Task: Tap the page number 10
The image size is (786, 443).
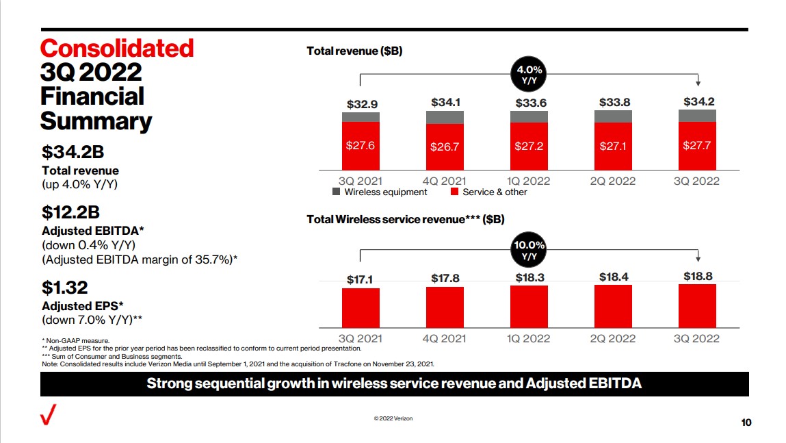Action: pos(746,422)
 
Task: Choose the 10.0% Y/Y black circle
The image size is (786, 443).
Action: pos(529,251)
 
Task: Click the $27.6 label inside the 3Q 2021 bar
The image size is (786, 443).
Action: pos(361,146)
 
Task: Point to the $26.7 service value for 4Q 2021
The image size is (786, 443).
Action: pos(445,147)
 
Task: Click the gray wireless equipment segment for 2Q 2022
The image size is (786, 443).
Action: pos(613,116)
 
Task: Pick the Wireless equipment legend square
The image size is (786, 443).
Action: pos(336,192)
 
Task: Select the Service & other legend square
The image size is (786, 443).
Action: pos(454,192)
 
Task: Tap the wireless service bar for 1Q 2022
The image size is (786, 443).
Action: pos(529,307)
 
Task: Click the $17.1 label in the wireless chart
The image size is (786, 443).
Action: pos(361,279)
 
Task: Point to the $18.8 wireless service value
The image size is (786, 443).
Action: pos(698,277)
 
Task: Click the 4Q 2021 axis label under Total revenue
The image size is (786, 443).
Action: pos(445,181)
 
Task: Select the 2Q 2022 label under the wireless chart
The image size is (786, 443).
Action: pos(613,338)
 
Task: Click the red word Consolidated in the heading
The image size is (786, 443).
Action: pos(117,49)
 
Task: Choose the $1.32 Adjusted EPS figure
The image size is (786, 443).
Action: pos(65,288)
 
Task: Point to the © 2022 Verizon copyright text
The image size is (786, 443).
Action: pos(393,418)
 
